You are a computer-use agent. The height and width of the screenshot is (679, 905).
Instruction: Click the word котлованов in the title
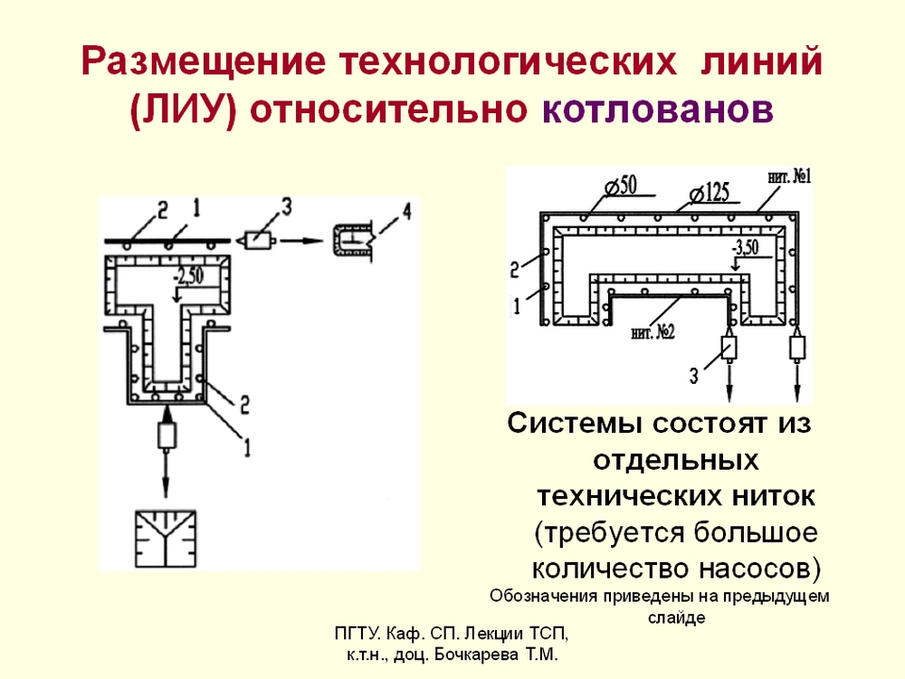point(657,110)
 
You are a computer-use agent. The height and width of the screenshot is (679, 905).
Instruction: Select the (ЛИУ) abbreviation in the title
point(184,110)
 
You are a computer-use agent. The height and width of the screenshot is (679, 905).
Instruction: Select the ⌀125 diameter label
point(710,192)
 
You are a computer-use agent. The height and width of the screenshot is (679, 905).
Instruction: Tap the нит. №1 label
point(789,177)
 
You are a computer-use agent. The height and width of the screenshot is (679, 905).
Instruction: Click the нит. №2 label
point(653,332)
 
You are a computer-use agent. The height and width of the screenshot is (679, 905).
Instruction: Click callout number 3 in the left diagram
point(286,206)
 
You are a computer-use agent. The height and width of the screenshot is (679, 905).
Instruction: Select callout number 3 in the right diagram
point(693,377)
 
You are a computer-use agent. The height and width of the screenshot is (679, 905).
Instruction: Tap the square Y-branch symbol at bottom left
point(166,539)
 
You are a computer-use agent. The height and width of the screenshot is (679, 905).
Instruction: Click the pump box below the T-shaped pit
point(167,435)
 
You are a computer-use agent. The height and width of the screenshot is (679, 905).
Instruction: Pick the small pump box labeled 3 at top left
point(259,240)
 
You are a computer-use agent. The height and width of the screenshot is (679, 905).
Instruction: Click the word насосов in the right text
point(759,569)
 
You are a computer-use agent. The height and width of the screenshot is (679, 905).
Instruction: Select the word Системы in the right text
point(575,424)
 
